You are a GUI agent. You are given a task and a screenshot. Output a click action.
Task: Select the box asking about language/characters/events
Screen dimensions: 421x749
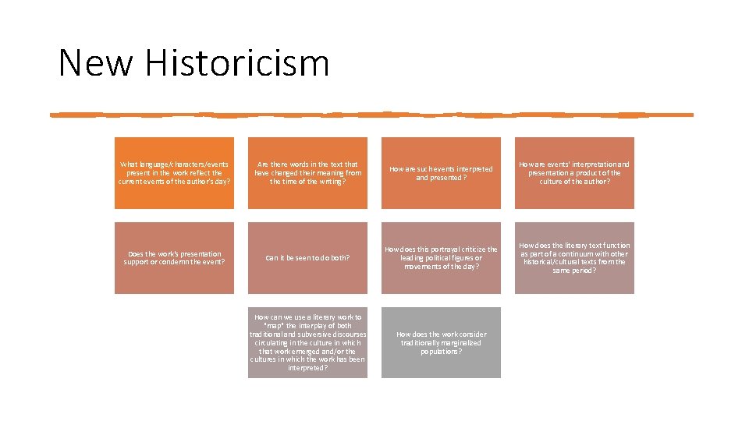pyautogui.click(x=174, y=172)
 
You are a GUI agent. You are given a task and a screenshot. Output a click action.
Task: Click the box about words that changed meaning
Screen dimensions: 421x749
pyautogui.click(x=307, y=172)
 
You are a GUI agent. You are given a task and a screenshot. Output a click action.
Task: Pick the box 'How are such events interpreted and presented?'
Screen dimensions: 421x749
pyautogui.click(x=441, y=172)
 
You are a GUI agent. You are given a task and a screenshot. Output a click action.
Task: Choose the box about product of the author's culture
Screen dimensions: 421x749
pyautogui.click(x=574, y=172)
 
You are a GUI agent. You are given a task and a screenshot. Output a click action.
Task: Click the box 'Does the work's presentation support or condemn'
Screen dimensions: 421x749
pyautogui.click(x=174, y=258)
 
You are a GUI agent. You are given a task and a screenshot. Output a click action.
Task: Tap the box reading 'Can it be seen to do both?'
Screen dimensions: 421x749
pyautogui.click(x=307, y=258)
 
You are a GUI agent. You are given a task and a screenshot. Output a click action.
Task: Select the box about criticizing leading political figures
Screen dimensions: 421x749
pyautogui.click(x=441, y=258)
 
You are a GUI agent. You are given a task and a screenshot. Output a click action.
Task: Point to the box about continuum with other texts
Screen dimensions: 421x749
pyautogui.click(x=574, y=258)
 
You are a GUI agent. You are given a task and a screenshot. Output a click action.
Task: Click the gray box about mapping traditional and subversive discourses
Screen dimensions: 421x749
pyautogui.click(x=307, y=342)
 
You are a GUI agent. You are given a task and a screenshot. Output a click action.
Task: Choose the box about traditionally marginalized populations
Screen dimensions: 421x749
pyautogui.click(x=441, y=342)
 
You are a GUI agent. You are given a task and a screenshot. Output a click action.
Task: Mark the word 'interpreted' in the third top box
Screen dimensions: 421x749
pyautogui.click(x=471, y=168)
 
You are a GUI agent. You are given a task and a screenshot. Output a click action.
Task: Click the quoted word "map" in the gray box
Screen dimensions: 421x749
pyautogui.click(x=271, y=325)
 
